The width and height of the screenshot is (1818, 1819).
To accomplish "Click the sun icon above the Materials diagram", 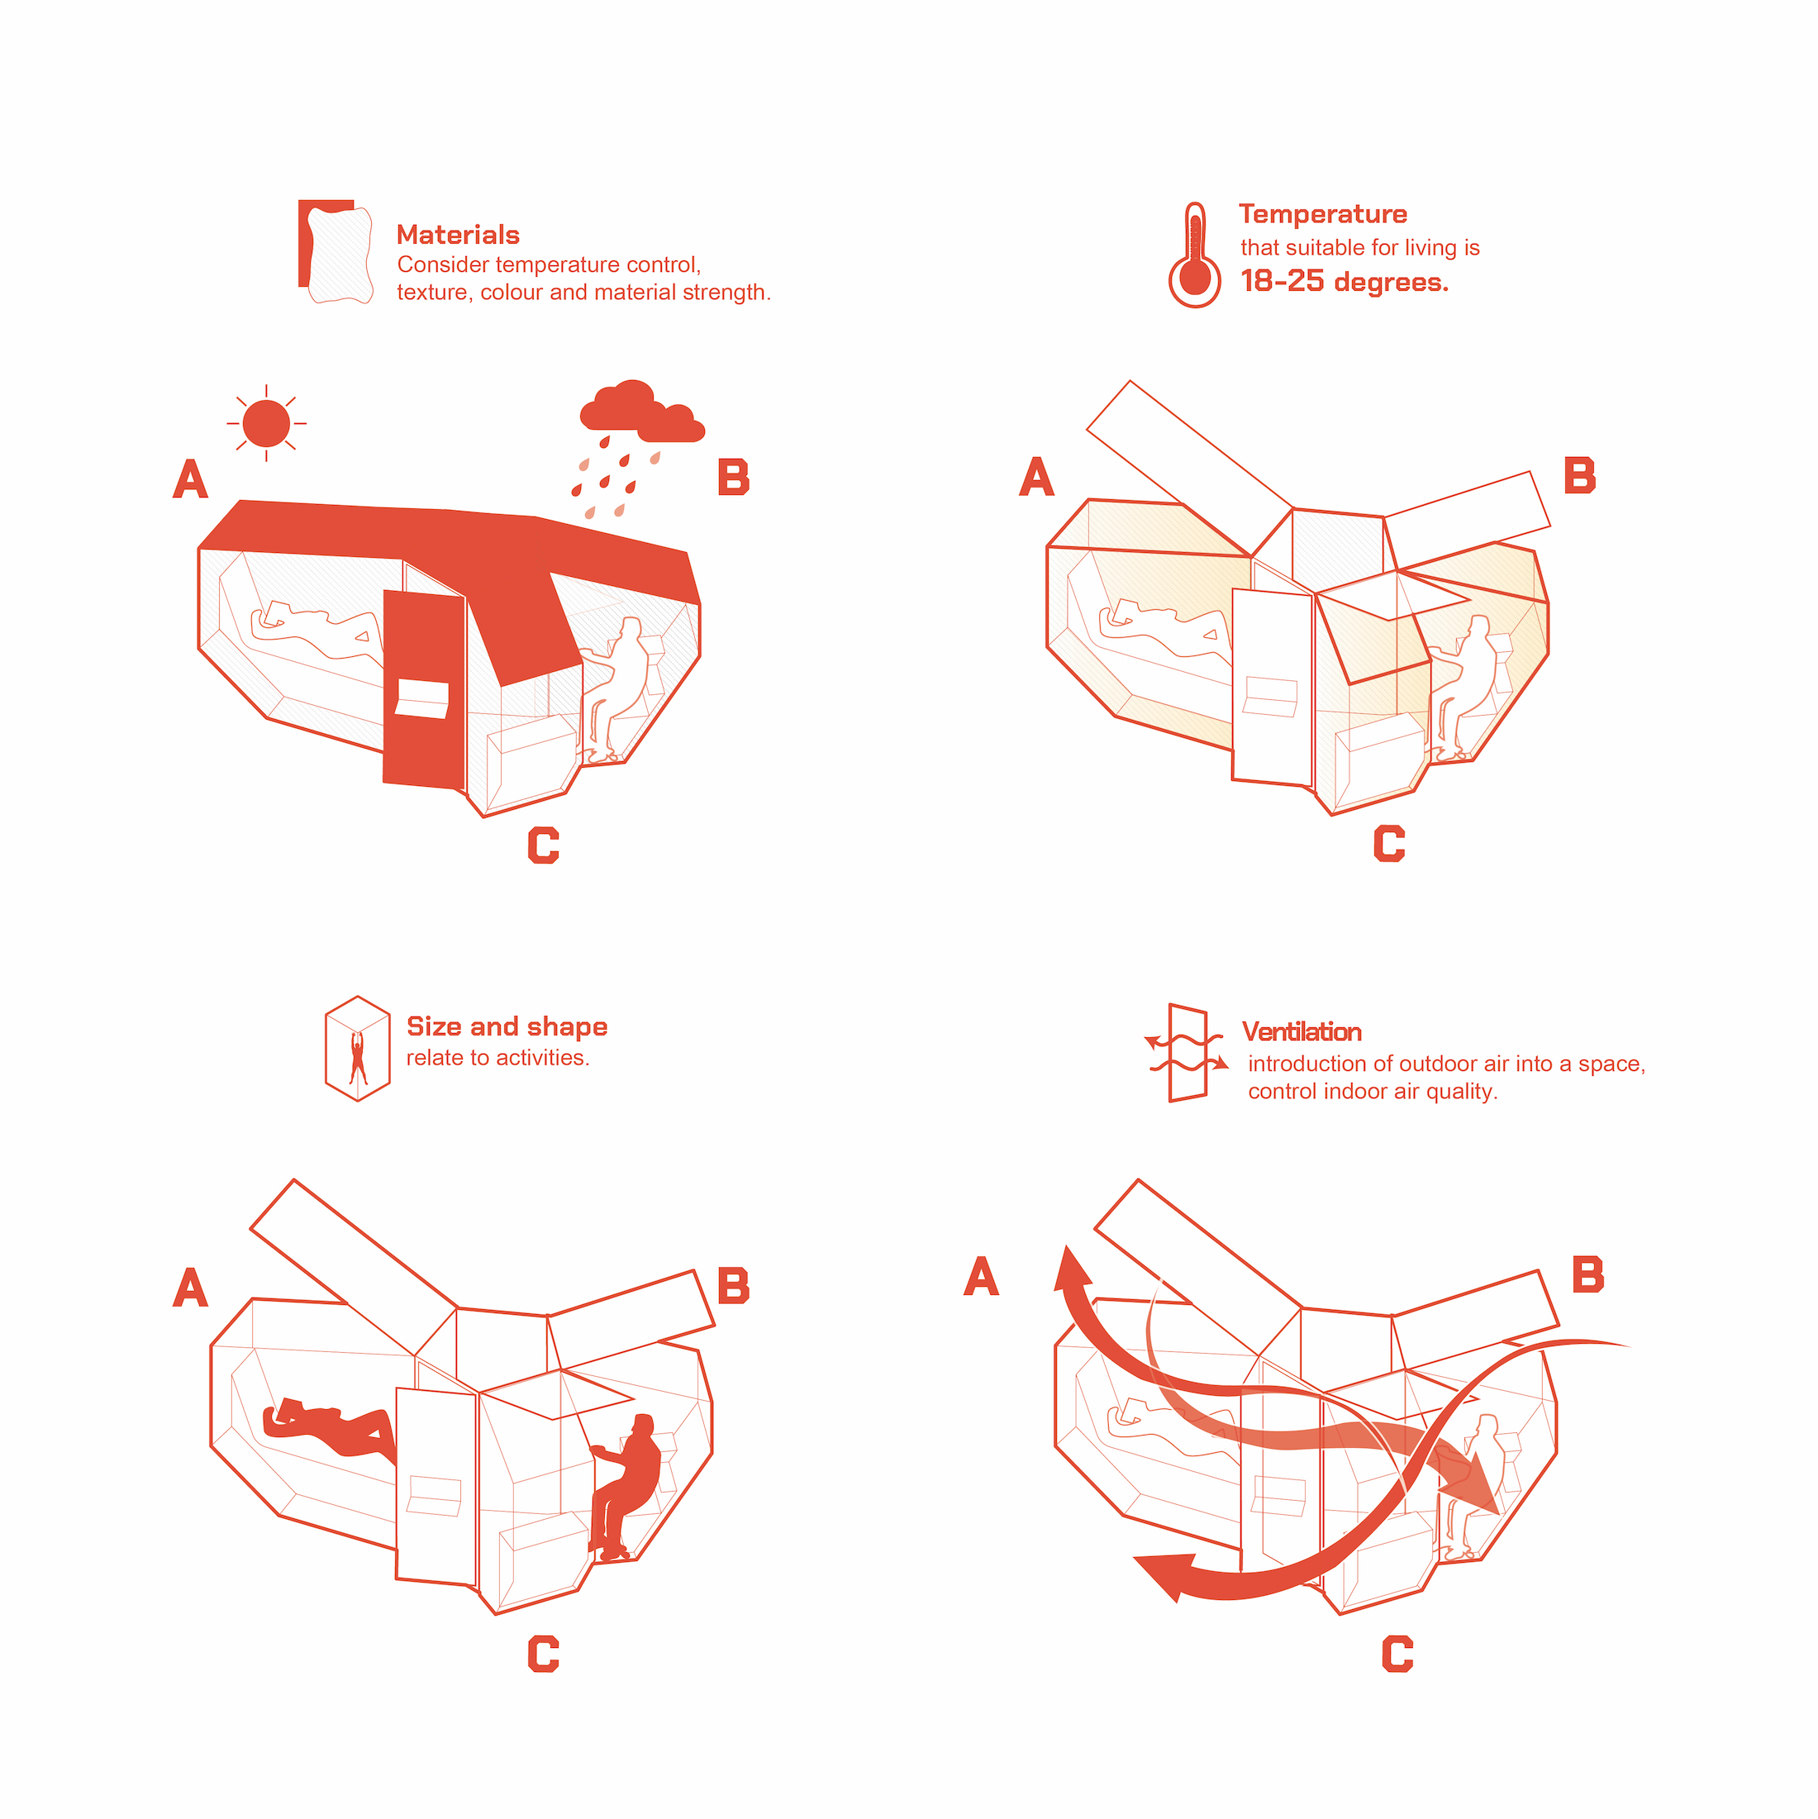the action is (x=266, y=423).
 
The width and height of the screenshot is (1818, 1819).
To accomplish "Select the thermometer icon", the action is (x=1195, y=255).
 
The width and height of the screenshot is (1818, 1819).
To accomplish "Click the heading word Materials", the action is (x=458, y=235).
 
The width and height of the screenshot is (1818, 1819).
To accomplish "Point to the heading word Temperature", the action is (x=1323, y=214).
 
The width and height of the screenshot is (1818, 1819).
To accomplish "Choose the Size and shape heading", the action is (x=507, y=1026).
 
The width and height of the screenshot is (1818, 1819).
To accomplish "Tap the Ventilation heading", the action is (x=1302, y=1032).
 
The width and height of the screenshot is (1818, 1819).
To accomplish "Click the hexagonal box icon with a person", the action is (x=358, y=1048).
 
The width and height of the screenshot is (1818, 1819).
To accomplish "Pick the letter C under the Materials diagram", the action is (x=543, y=845).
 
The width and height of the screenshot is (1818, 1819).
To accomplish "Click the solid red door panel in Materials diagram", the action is (x=424, y=688).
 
